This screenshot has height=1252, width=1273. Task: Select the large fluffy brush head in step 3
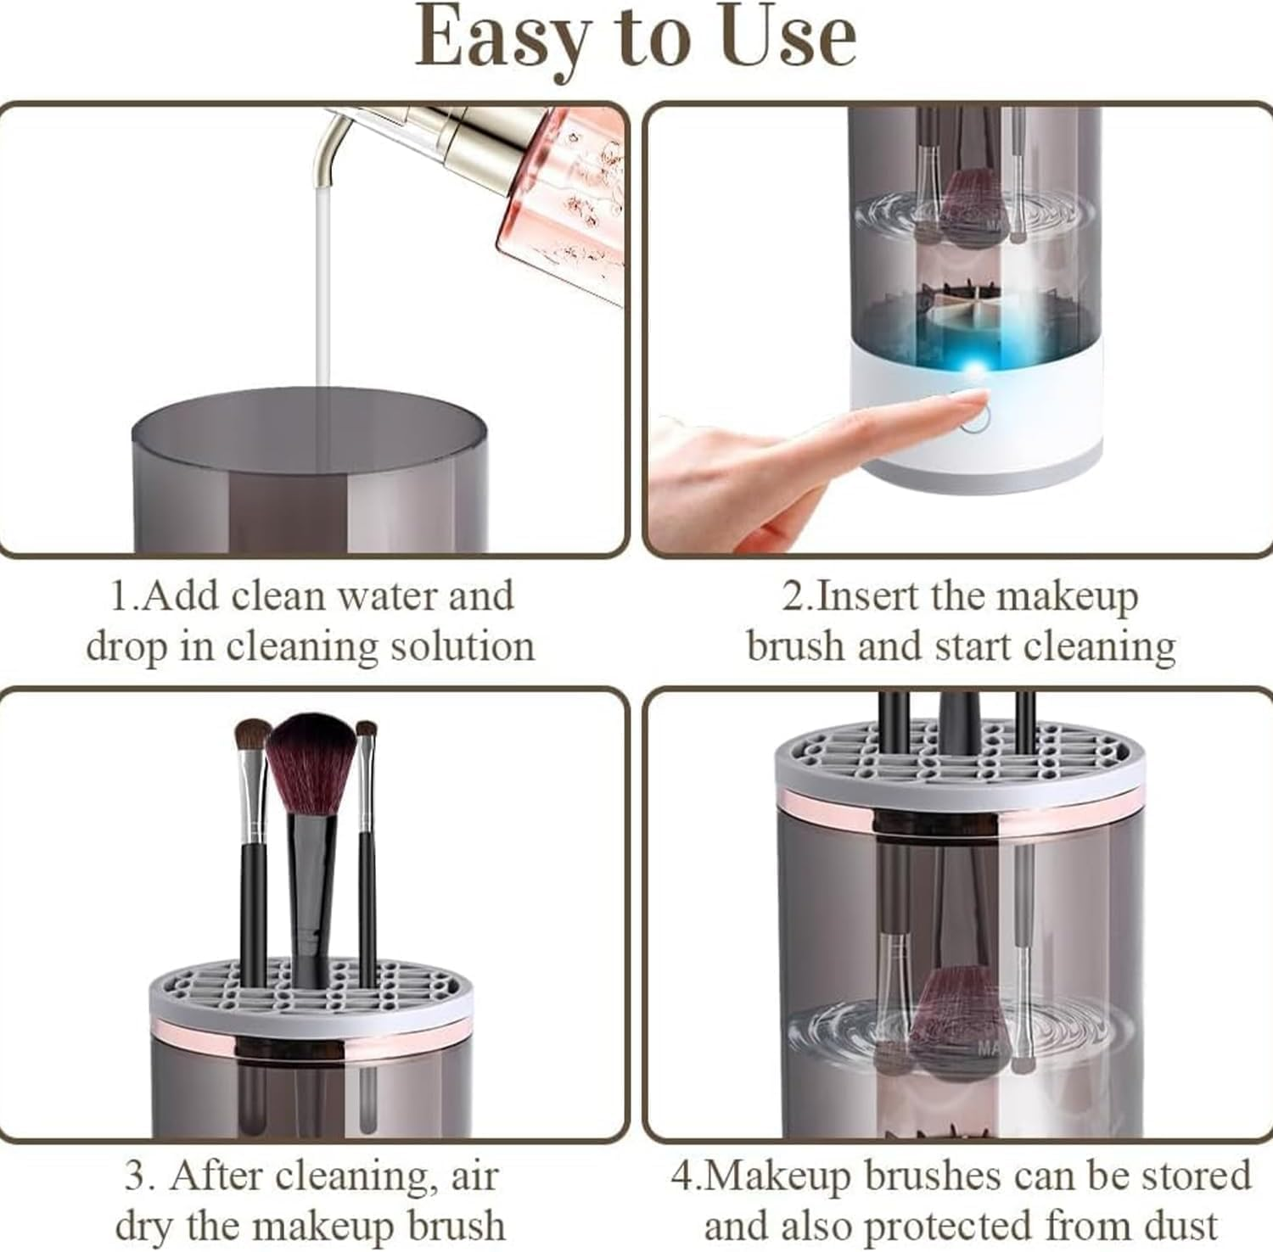coord(311,759)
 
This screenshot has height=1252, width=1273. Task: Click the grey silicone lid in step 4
coord(959,759)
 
